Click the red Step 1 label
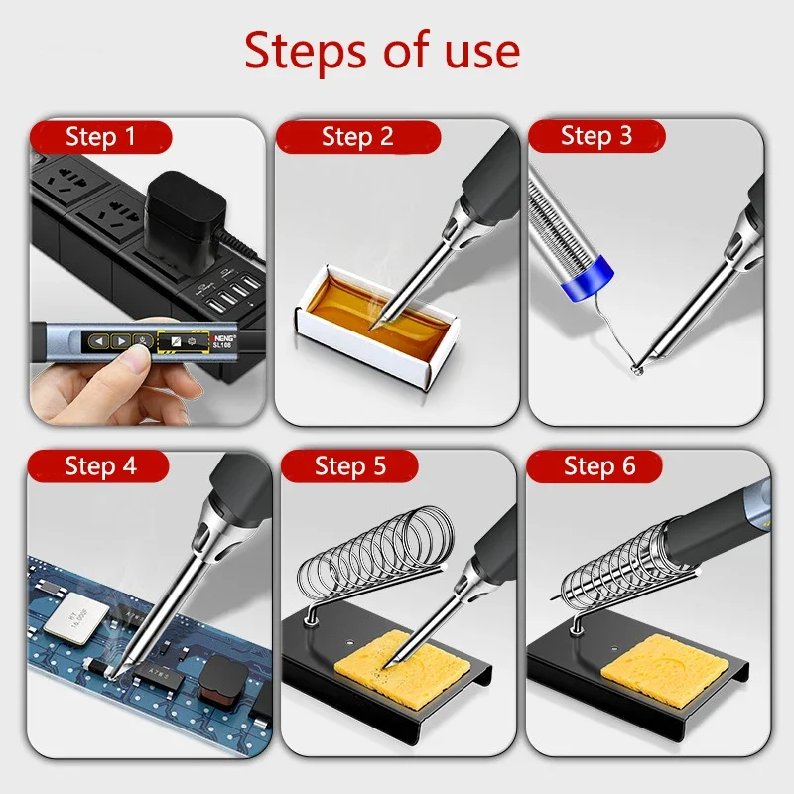tap(101, 137)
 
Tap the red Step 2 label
tap(358, 137)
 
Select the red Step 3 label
tap(596, 136)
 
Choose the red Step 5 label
tap(350, 465)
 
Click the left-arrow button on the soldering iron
tap(98, 341)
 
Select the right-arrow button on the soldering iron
tap(120, 341)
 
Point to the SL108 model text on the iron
tap(222, 345)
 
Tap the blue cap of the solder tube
tap(588, 278)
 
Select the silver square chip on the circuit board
tap(76, 618)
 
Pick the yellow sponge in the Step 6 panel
tap(664, 668)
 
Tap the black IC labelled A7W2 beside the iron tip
tap(157, 674)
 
